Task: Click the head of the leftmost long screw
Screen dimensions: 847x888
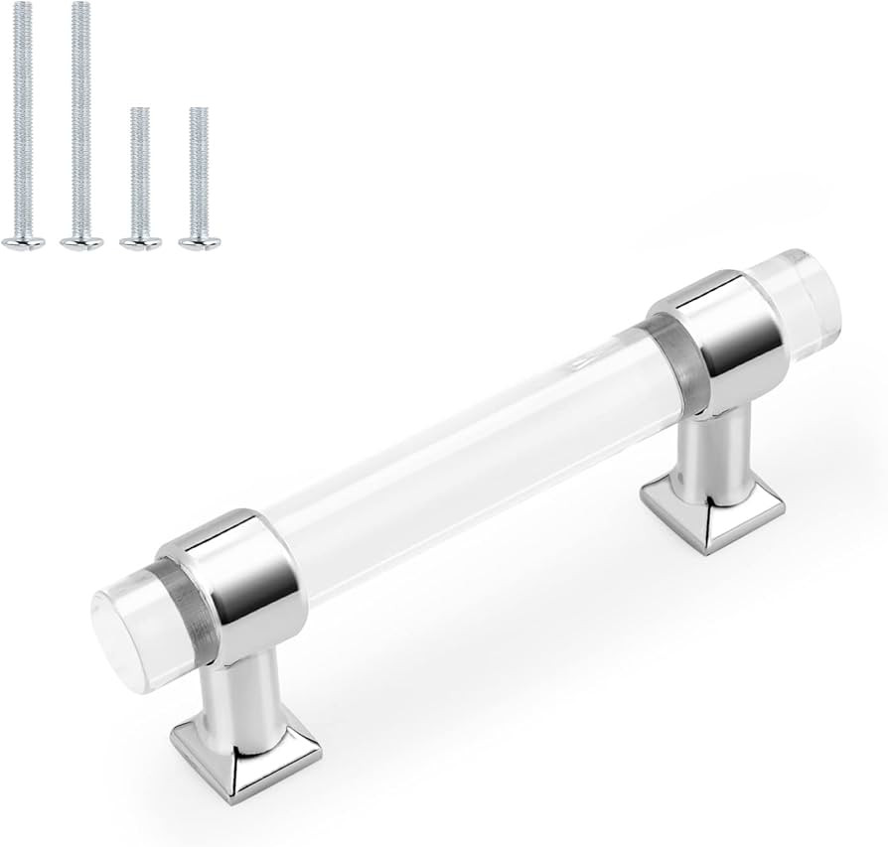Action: (23, 241)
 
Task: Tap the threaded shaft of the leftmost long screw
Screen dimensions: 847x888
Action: (23, 119)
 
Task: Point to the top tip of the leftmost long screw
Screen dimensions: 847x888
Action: (23, 4)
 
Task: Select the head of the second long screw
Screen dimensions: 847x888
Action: (81, 241)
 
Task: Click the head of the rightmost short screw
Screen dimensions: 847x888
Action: (200, 241)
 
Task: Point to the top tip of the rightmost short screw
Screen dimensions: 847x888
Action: (200, 109)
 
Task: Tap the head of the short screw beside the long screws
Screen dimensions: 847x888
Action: (140, 241)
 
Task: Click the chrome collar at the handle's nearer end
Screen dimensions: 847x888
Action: (238, 581)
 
